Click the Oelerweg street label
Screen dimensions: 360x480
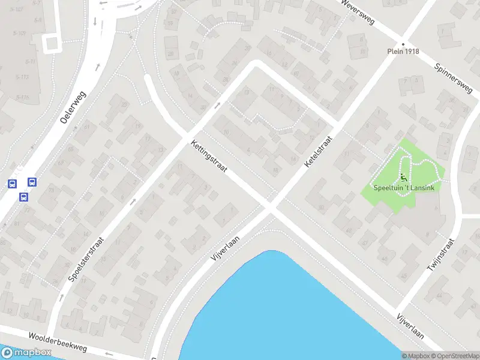coord(73,107)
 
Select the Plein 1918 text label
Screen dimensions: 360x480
coord(403,52)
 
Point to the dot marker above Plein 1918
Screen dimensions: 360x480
coord(403,44)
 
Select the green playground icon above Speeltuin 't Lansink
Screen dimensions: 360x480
coord(403,178)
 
